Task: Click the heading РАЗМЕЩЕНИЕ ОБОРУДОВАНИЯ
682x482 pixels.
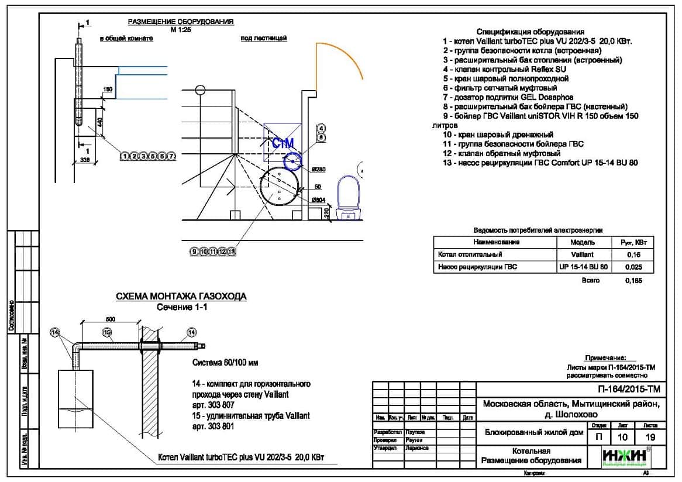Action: [x=181, y=22]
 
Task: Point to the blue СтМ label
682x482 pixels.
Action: [x=283, y=143]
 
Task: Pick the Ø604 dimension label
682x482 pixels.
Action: [x=319, y=200]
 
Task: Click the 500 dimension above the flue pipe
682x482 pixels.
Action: [x=110, y=319]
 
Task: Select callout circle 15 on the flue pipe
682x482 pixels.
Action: [x=107, y=332]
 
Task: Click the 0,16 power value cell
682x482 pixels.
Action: [x=633, y=254]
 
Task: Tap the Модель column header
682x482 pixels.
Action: [x=582, y=242]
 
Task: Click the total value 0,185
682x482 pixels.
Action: [x=633, y=281]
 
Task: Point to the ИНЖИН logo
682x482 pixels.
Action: [x=625, y=456]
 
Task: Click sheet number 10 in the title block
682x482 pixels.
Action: [x=622, y=437]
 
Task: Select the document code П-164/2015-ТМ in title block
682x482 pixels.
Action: [x=626, y=389]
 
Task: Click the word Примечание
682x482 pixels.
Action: [x=605, y=357]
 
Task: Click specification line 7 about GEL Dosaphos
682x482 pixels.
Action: [x=508, y=97]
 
